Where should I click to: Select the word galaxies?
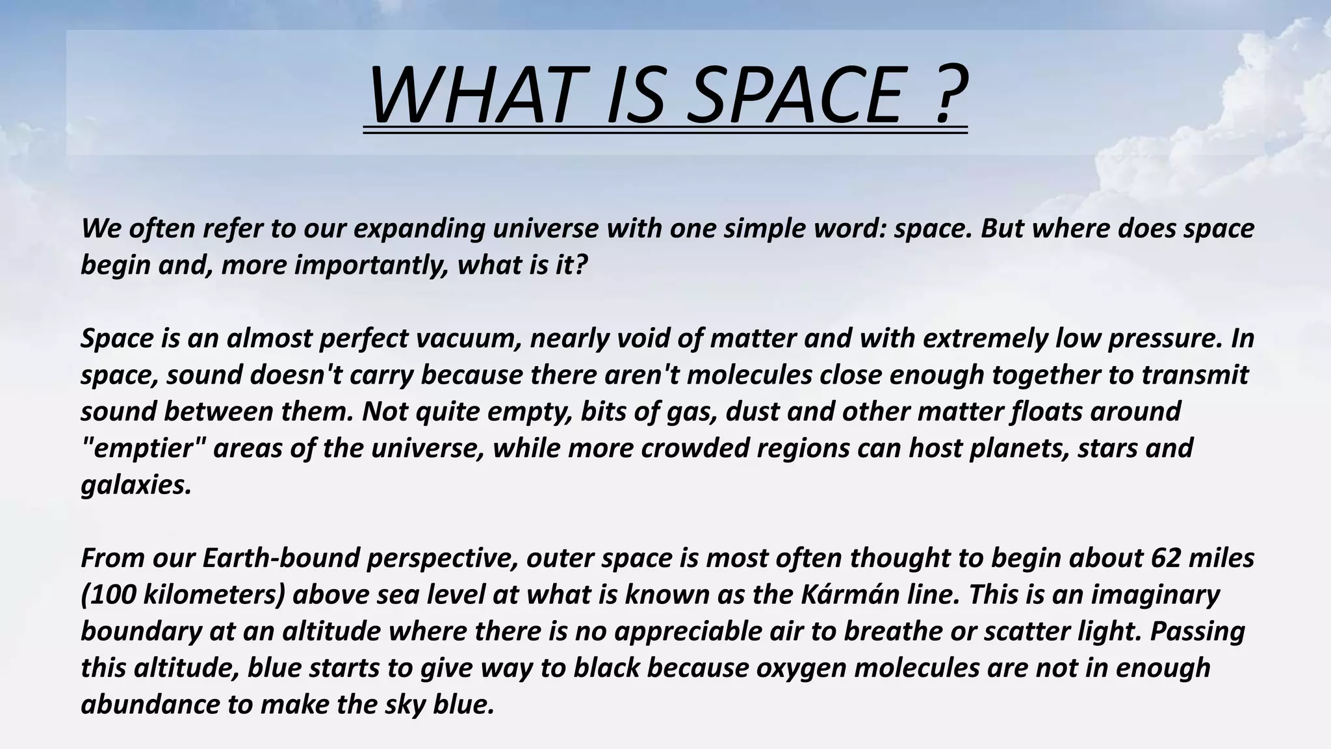(136, 485)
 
